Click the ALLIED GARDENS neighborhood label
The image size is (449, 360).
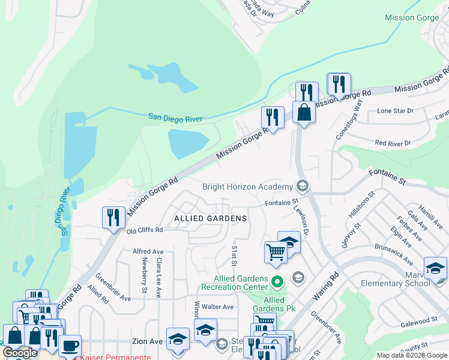(210, 218)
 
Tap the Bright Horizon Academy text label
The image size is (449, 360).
(247, 187)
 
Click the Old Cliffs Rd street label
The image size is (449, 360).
(145, 230)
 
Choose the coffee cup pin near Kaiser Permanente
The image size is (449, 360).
(70, 346)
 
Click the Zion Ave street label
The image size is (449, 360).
(148, 341)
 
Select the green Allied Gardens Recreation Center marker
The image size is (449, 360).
(277, 281)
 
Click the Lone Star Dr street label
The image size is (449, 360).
(395, 111)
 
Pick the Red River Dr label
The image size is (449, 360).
(392, 143)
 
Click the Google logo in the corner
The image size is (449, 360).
(20, 353)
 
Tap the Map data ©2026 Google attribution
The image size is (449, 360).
(411, 355)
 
